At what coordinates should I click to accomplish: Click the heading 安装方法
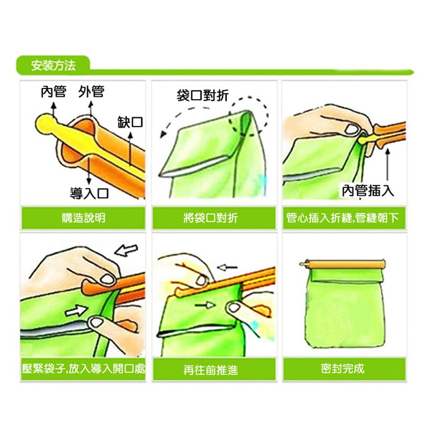coord(53,66)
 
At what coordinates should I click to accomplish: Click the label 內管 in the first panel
coord(54,92)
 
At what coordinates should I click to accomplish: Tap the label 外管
coord(91,92)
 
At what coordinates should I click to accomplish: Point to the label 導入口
coord(89,191)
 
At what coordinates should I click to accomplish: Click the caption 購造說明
coord(83,218)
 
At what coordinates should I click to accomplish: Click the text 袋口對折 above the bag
coord(203,95)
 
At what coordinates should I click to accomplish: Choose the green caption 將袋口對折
coord(214,218)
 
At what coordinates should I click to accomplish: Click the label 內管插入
coord(368,190)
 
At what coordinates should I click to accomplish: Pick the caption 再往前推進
coord(214,369)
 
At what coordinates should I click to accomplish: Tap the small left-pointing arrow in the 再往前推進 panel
coord(228,266)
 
